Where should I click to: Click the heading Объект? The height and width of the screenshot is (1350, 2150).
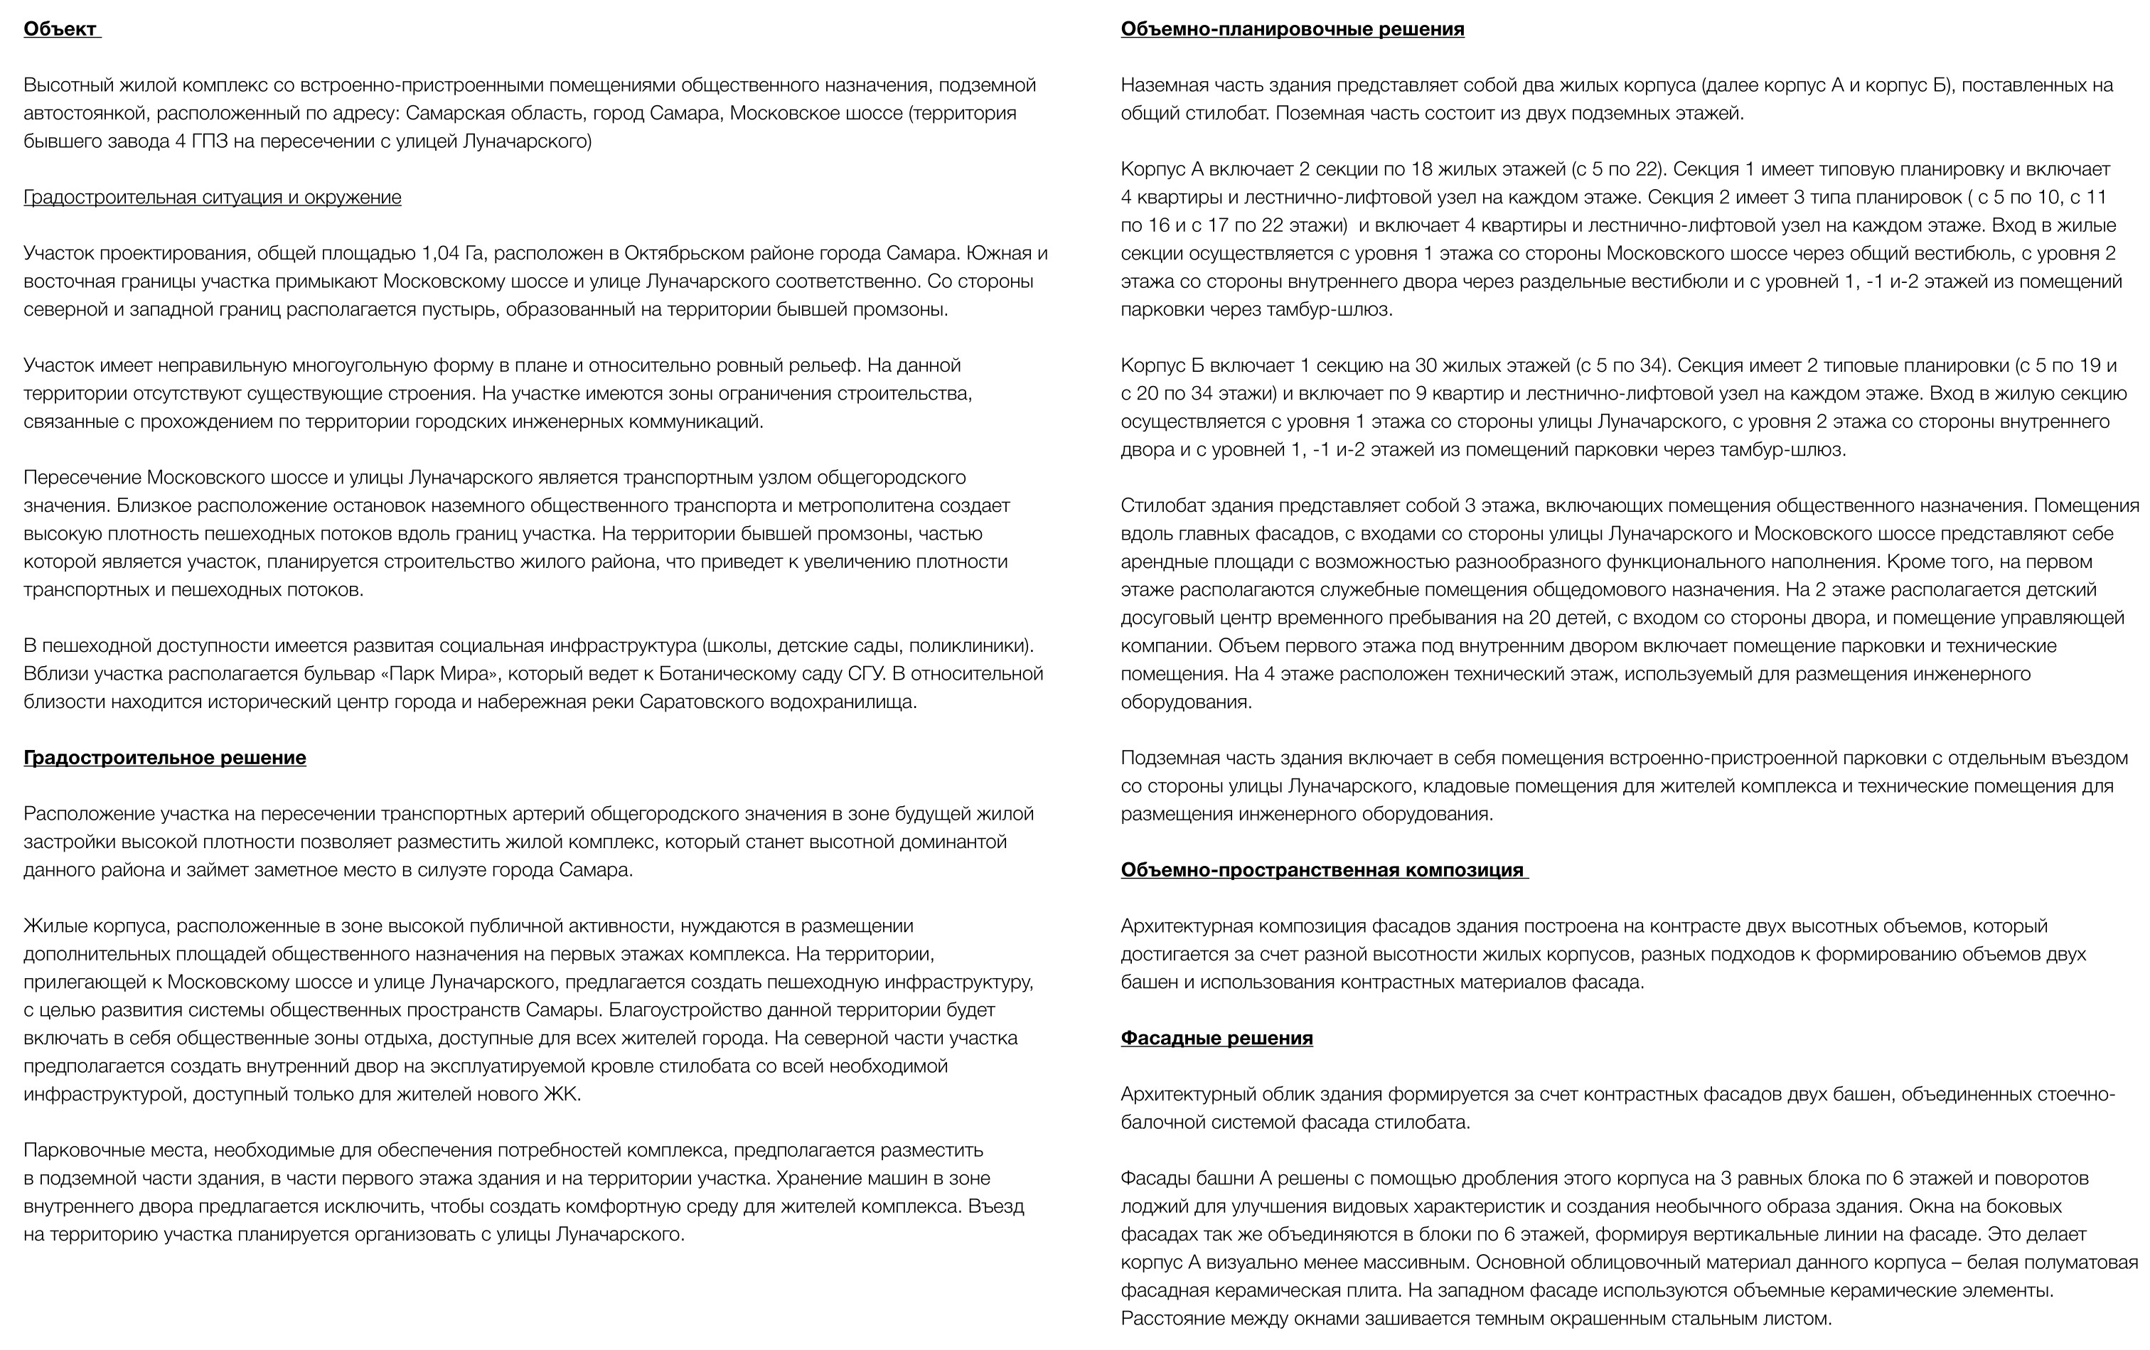[60, 28]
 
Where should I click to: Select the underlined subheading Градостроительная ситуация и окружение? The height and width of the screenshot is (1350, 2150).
[213, 198]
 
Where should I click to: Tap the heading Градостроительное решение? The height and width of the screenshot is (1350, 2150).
[164, 758]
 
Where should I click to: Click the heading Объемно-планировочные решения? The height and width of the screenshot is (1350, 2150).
[1292, 28]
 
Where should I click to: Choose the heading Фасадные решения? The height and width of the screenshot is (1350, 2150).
[1216, 1039]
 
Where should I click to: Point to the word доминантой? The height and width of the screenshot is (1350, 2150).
[951, 842]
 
